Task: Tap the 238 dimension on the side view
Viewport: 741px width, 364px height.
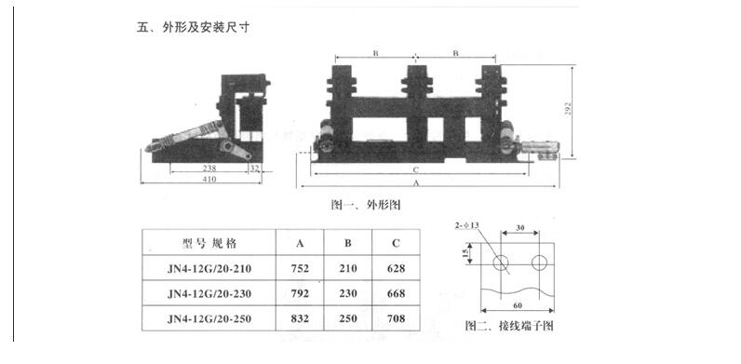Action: (x=209, y=168)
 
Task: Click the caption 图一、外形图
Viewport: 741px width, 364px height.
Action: (x=365, y=203)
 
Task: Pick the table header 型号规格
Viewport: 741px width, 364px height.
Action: (x=209, y=244)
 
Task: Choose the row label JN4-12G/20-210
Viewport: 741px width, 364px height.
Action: (x=209, y=270)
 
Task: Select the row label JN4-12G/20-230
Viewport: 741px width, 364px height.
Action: (x=209, y=294)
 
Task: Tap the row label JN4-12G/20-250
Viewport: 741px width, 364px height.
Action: (x=209, y=319)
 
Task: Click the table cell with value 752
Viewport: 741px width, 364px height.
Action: (x=301, y=270)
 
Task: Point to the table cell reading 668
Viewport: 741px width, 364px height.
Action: (x=396, y=294)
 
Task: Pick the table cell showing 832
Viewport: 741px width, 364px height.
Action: (x=301, y=319)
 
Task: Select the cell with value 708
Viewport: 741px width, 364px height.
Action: (x=396, y=319)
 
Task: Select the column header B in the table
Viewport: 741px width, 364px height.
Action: (x=348, y=244)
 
